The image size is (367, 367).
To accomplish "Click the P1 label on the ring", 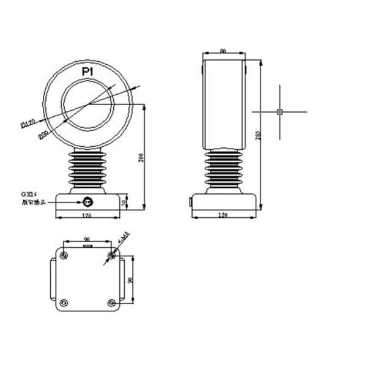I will (x=87, y=72).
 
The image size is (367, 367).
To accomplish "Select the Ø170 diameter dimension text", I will (x=28, y=124).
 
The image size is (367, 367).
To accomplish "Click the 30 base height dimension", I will (x=125, y=202).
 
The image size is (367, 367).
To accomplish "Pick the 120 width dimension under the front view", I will (x=86, y=216).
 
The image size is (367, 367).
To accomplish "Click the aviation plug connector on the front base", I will (x=87, y=201).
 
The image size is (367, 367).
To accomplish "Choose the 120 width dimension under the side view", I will (x=223, y=216).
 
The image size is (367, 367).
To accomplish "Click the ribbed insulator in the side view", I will (x=224, y=170).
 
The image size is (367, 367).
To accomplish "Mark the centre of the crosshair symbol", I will (x=280, y=111).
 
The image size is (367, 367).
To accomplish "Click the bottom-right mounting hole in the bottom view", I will (x=111, y=303).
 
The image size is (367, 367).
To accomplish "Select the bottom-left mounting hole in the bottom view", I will (x=64, y=303).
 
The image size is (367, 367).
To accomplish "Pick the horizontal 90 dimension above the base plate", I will (x=86, y=239).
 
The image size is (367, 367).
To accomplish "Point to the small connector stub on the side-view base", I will (x=190, y=201).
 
